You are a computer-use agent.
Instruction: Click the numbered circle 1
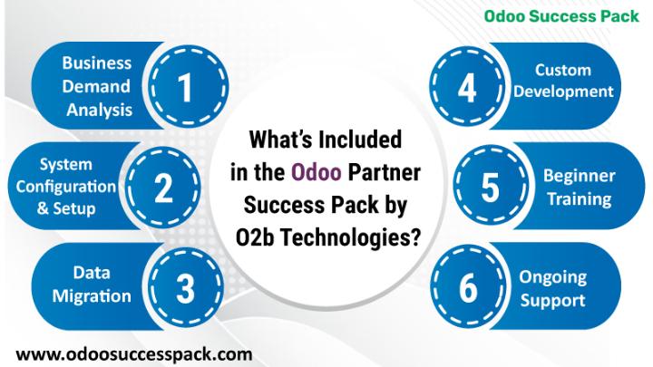187,86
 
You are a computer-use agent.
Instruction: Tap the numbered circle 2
163,188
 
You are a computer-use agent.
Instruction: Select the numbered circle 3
185,287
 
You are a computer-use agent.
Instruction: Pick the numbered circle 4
467,87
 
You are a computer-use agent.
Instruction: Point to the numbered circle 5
491,188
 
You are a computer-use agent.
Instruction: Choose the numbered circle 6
468,287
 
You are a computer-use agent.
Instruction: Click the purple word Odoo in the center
317,172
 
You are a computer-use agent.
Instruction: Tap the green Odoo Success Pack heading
561,16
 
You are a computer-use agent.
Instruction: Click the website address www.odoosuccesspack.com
134,354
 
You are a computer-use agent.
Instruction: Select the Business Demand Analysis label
97,87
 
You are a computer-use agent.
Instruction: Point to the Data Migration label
92,285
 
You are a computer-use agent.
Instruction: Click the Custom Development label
563,81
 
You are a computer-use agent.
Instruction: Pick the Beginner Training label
579,188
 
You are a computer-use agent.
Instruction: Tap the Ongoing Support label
552,289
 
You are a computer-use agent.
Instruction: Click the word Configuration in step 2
66,187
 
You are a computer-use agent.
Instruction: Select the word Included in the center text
360,140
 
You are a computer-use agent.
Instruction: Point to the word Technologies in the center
349,238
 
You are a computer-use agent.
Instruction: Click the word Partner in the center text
384,172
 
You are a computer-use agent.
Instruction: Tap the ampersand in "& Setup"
43,208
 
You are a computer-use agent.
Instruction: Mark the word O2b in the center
254,238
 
